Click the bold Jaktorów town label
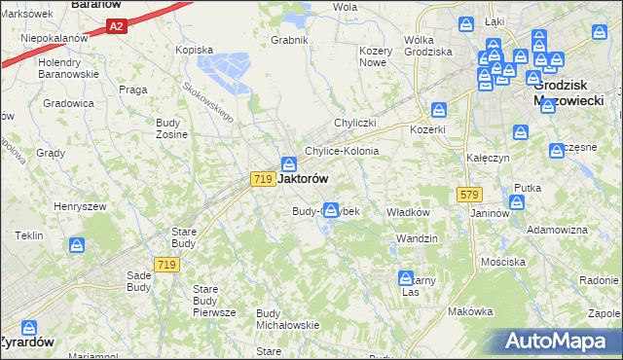303,179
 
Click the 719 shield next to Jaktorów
261,179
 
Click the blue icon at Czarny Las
408,278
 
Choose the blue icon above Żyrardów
28,328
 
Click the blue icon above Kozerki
439,110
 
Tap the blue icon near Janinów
516,201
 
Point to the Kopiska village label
193,49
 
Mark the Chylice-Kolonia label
342,152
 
